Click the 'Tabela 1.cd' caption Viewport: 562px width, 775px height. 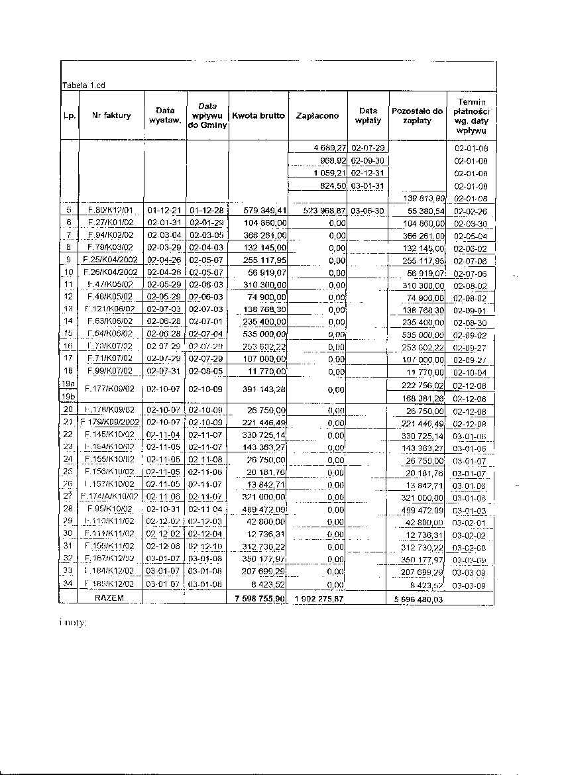point(84,85)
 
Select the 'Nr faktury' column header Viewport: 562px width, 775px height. point(112,115)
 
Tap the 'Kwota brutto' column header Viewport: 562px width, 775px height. point(258,115)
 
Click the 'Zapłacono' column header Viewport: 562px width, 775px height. point(317,115)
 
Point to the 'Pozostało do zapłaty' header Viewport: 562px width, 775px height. point(417,116)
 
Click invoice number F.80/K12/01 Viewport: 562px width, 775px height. point(111,211)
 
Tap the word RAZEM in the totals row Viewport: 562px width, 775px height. point(110,597)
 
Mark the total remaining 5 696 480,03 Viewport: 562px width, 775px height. point(416,599)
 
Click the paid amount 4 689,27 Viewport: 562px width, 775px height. point(330,148)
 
